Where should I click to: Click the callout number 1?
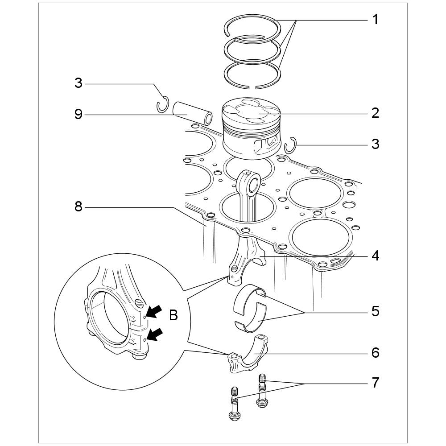pos(376,20)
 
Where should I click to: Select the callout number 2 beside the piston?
pos(376,113)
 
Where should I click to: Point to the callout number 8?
pos(78,207)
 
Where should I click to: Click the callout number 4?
pos(376,256)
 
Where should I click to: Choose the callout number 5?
pos(376,311)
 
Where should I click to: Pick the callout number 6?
pos(376,353)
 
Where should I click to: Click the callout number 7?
pos(376,383)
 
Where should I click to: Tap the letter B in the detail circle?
pos(173,316)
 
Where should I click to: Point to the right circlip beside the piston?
pos(291,145)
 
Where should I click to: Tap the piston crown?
pos(252,111)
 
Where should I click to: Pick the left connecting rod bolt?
pos(234,404)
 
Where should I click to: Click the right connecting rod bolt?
pos(262,391)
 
